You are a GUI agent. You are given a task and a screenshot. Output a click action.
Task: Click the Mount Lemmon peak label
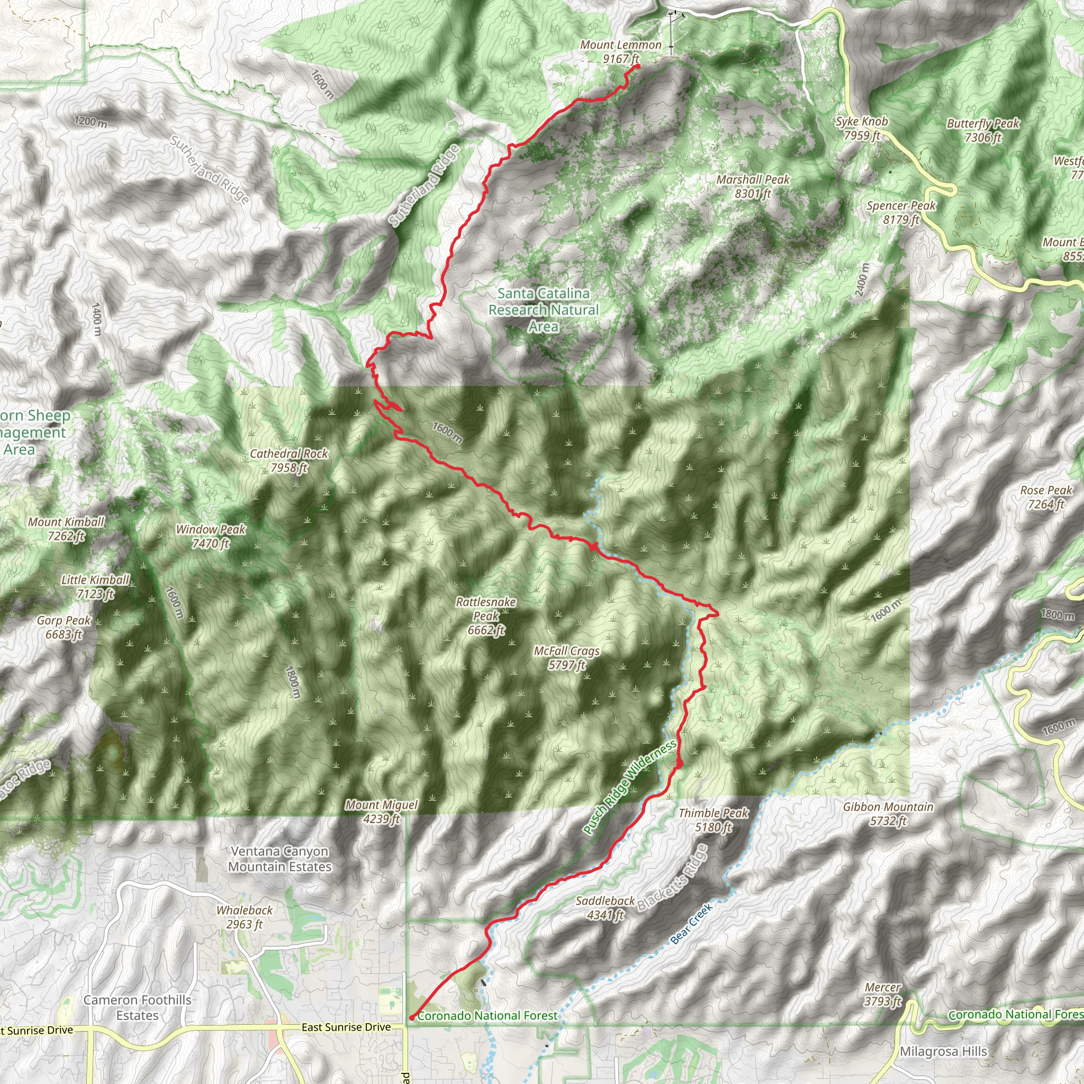pyautogui.click(x=620, y=52)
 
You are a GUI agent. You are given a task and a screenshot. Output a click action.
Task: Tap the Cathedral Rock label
pyautogui.click(x=289, y=460)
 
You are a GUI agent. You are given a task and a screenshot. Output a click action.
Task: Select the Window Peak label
pyautogui.click(x=211, y=536)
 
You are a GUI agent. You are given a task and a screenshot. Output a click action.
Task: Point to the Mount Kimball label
pyautogui.click(x=66, y=529)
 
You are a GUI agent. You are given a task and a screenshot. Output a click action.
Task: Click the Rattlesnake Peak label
pyautogui.click(x=486, y=616)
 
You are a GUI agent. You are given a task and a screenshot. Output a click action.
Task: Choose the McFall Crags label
pyautogui.click(x=567, y=657)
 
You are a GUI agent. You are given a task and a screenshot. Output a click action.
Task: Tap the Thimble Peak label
pyautogui.click(x=713, y=820)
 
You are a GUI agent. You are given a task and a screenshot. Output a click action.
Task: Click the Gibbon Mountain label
pyautogui.click(x=888, y=814)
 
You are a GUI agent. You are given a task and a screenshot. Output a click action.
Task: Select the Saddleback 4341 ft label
pyautogui.click(x=606, y=908)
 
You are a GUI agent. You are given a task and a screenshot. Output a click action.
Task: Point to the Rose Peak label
pyautogui.click(x=1046, y=497)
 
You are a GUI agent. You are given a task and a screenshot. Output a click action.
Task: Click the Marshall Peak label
pyautogui.click(x=753, y=186)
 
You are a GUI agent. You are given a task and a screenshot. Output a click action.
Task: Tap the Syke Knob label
pyautogui.click(x=862, y=128)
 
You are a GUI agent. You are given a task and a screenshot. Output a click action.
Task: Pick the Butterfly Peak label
pyautogui.click(x=983, y=130)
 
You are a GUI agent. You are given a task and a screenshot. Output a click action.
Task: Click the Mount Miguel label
pyautogui.click(x=382, y=812)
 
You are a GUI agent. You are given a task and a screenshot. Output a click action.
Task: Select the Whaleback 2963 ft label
pyautogui.click(x=245, y=917)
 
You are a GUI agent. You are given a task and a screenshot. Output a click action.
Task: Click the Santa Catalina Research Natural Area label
pyautogui.click(x=543, y=310)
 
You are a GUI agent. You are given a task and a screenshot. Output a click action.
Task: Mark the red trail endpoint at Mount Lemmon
pyautogui.click(x=637, y=67)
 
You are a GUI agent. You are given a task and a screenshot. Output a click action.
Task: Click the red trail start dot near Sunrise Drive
pyautogui.click(x=412, y=1017)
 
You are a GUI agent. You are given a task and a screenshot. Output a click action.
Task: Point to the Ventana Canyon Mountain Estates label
pyautogui.click(x=279, y=859)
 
